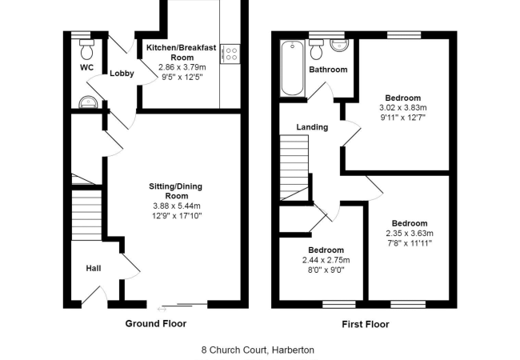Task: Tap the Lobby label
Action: pos(122,74)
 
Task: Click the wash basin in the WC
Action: pos(86,102)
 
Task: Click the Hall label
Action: pos(93,268)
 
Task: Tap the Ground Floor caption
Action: pos(156,324)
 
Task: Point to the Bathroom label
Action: pos(328,70)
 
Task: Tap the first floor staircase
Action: pos(294,166)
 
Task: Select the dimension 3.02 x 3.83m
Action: pos(403,107)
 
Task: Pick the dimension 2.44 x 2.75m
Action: pos(326,260)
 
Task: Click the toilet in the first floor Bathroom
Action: pos(317,50)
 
